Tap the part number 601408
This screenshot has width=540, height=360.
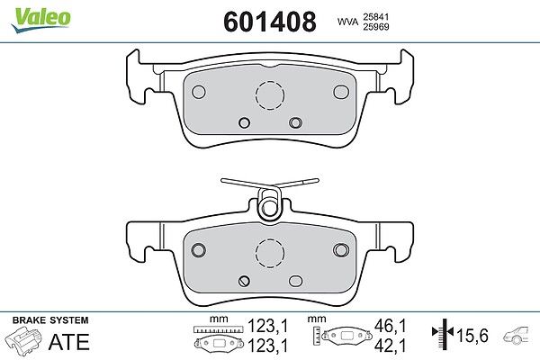tap(270, 22)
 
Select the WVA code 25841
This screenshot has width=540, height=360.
tap(375, 17)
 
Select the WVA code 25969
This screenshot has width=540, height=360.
tap(375, 27)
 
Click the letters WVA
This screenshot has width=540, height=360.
tap(347, 22)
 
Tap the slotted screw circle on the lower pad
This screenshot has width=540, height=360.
tap(244, 281)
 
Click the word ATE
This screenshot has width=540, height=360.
tap(69, 342)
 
